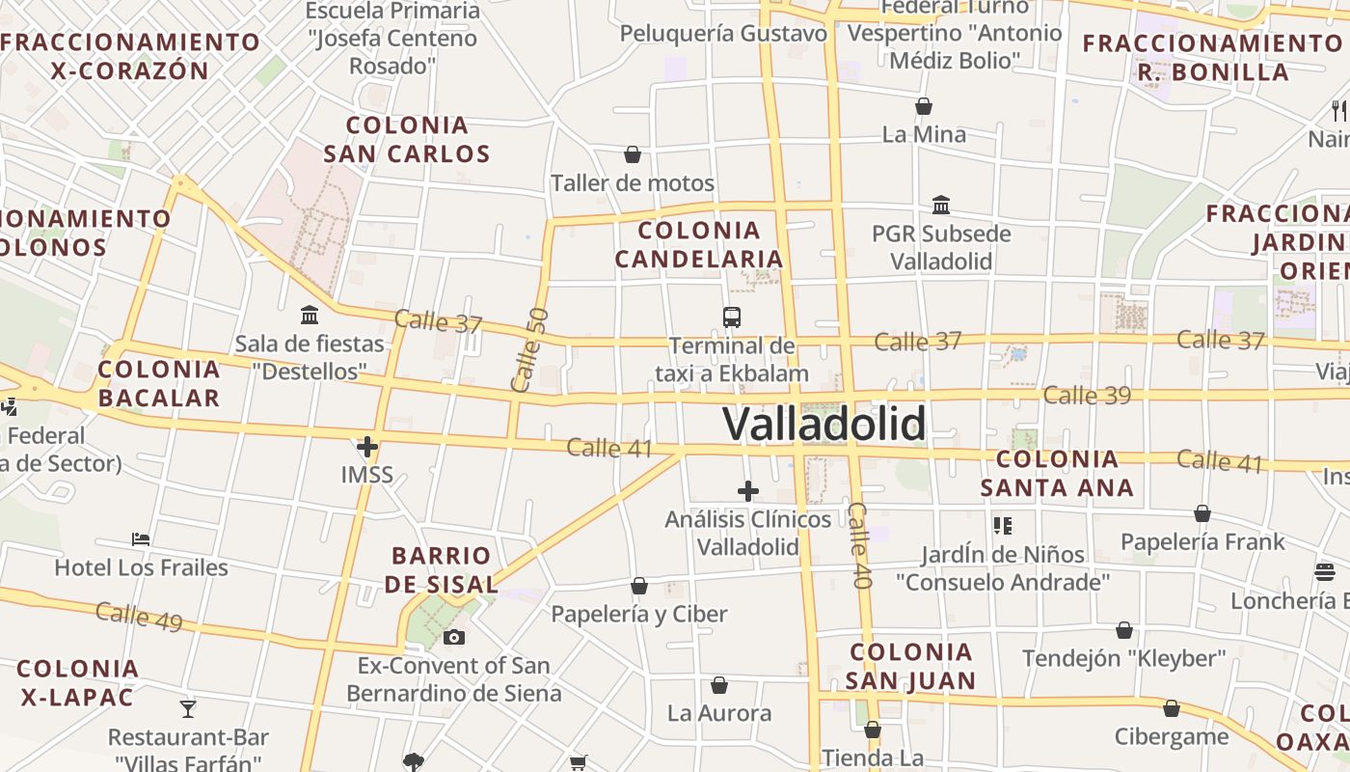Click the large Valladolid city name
pos(824,424)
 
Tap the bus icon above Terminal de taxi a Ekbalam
pos(732,317)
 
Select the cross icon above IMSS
pos(367,447)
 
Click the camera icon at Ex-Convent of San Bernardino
pos(454,637)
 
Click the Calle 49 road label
pos(139,616)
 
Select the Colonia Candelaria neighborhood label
pos(699,244)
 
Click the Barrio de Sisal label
pos(442,569)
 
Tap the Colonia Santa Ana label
pos(1057,473)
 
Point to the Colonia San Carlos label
pos(407,139)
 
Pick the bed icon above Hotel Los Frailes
pos(141,538)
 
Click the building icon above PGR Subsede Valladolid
pos(941,205)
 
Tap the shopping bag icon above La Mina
pos(924,105)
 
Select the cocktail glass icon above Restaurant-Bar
pos(188,709)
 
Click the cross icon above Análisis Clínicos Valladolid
pos(748,491)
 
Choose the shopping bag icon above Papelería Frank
pos(1202,513)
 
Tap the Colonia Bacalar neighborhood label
pos(159,383)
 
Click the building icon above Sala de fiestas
pos(310,315)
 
